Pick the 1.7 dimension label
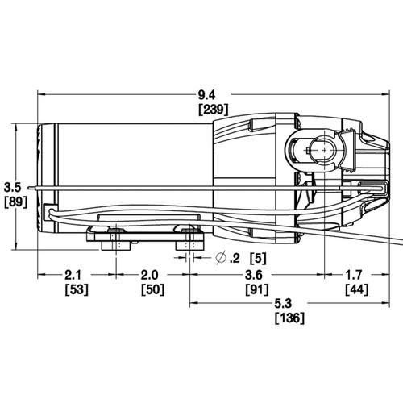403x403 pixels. (359, 275)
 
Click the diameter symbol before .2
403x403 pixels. (221, 257)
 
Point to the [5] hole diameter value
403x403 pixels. (257, 257)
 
